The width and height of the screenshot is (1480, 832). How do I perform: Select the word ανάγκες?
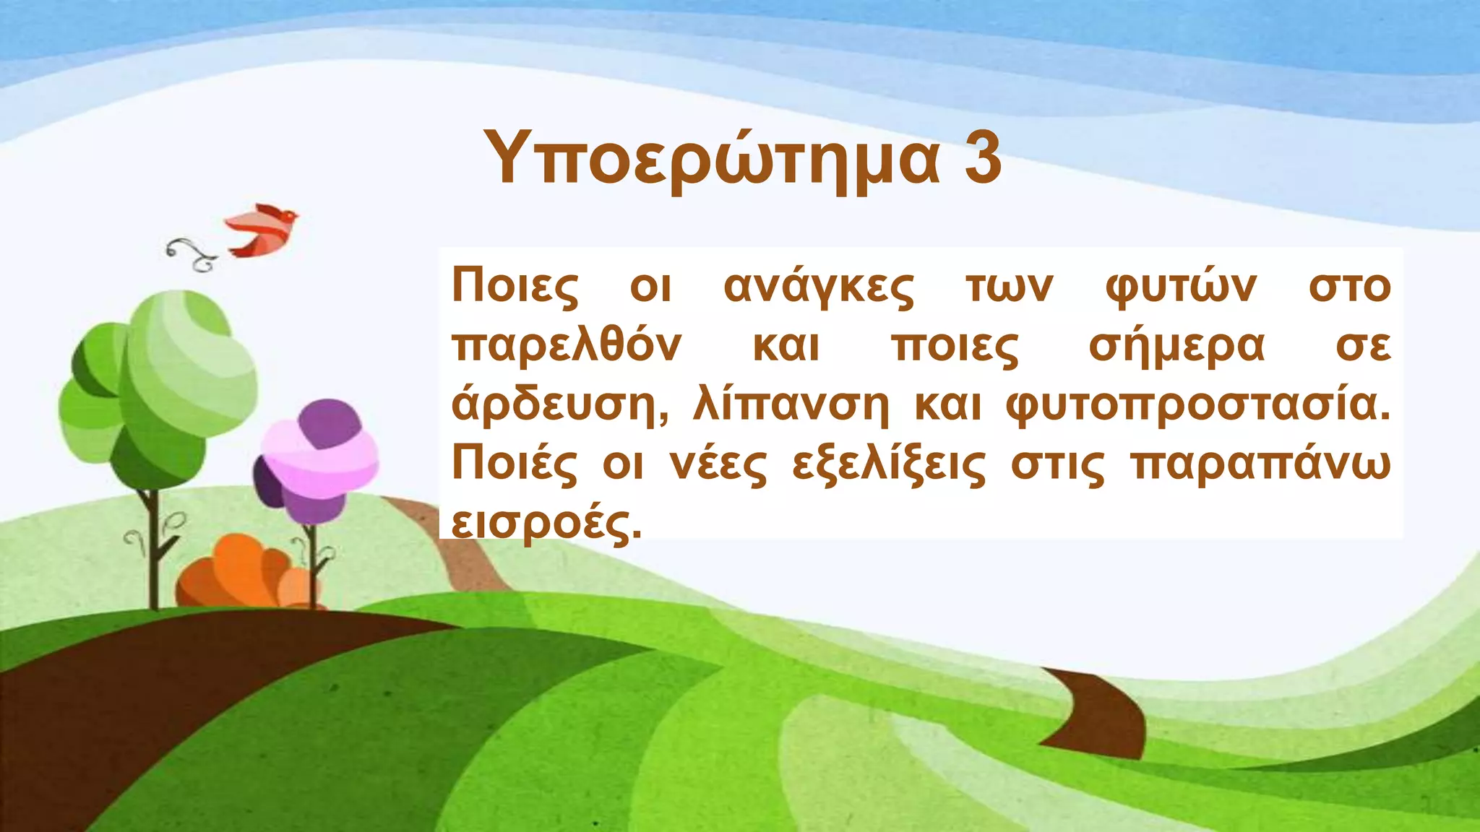point(819,287)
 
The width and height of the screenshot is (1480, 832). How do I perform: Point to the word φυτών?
point(1181,287)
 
